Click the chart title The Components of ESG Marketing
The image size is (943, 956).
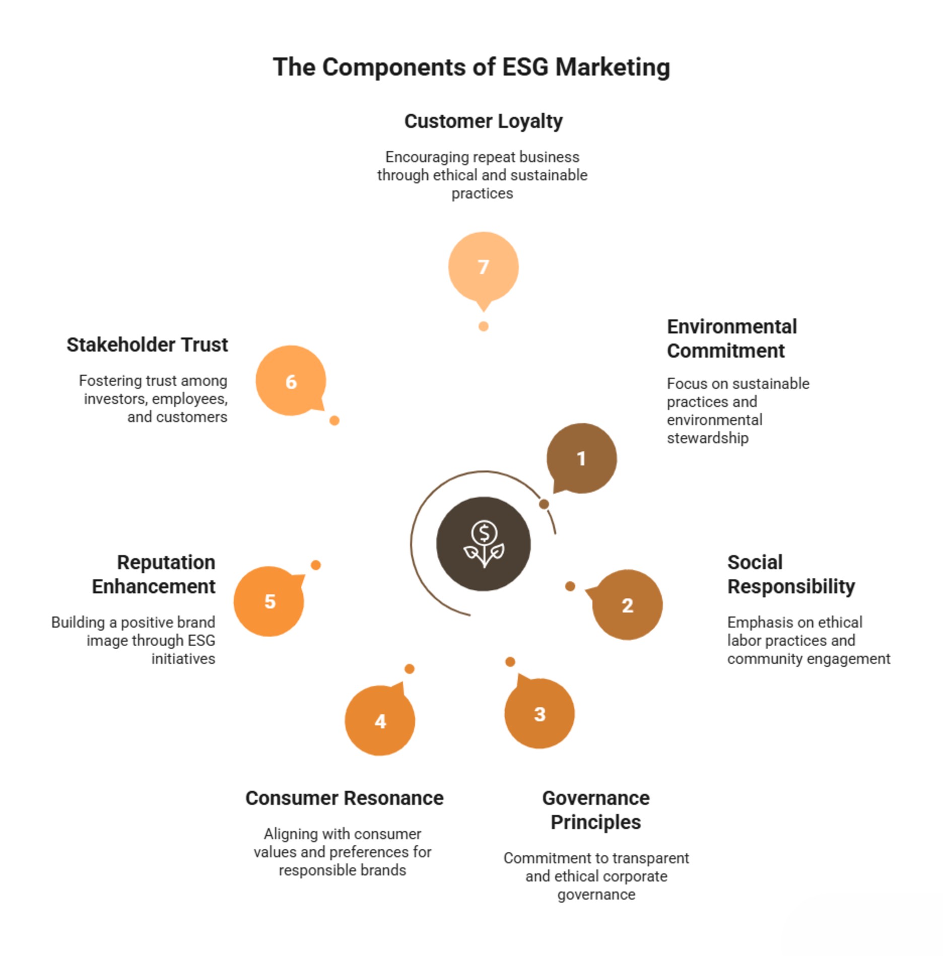pos(471,67)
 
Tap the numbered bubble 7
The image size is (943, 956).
pos(483,267)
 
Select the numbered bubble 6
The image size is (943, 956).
pos(291,381)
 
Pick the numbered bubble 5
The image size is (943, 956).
pos(270,601)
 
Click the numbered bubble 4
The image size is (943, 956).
pos(380,720)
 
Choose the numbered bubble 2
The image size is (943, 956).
pos(627,604)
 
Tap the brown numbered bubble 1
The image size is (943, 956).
pos(582,458)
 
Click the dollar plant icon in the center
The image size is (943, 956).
pos(484,544)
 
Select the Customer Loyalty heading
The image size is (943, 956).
pos(484,121)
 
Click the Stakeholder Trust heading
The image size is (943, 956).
pos(147,345)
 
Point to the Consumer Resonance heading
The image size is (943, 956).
pos(345,798)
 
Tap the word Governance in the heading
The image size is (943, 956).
pos(596,798)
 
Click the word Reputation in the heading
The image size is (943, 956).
pos(166,563)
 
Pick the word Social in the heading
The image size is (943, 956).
pos(755,562)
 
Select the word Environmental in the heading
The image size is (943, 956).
pos(732,326)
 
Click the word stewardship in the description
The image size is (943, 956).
pos(708,438)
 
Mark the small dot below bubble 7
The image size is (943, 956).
pos(484,326)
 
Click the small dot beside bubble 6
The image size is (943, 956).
pos(334,421)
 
